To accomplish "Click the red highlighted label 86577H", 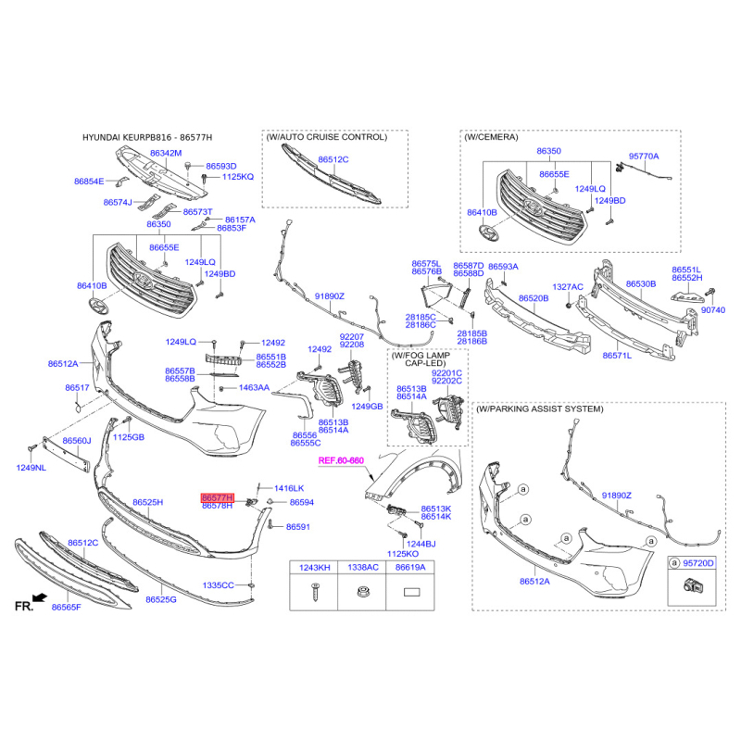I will pyautogui.click(x=217, y=497).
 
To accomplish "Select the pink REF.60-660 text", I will pyautogui.click(x=341, y=459).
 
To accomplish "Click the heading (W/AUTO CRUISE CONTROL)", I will pyautogui.click(x=326, y=137).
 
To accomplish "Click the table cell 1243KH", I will pyautogui.click(x=311, y=567).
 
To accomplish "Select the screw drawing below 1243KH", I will pyautogui.click(x=311, y=591).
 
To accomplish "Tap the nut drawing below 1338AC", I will pyautogui.click(x=361, y=591).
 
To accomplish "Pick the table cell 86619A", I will pyautogui.click(x=410, y=567).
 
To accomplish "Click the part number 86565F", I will pyautogui.click(x=67, y=608).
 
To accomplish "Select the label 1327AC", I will pyautogui.click(x=567, y=287).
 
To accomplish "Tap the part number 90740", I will pyautogui.click(x=714, y=310).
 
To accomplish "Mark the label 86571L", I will pyautogui.click(x=616, y=355).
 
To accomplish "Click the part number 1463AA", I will pyautogui.click(x=254, y=388).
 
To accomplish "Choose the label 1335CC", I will pyautogui.click(x=219, y=585).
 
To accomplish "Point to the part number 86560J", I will pyautogui.click(x=76, y=441).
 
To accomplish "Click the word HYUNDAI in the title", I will pyautogui.click(x=107, y=137).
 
